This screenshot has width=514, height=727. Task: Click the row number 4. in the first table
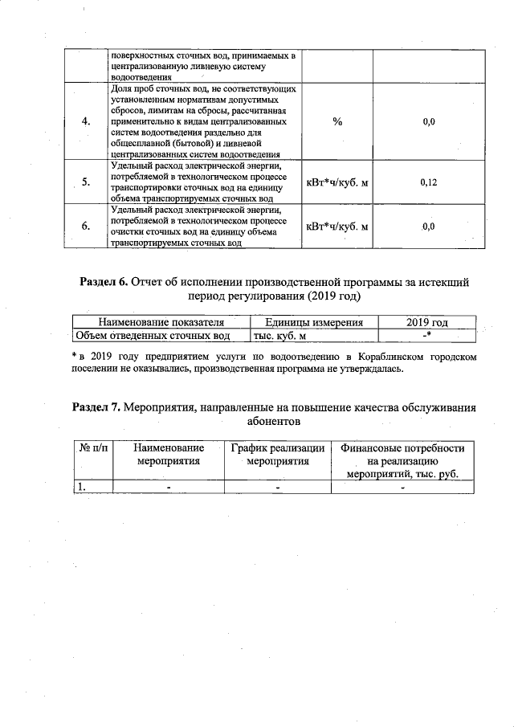coord(86,121)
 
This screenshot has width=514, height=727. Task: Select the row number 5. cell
coord(86,182)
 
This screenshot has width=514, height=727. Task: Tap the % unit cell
coord(337,121)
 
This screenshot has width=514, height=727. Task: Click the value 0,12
coord(428,182)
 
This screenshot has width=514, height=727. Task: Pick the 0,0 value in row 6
coord(428,227)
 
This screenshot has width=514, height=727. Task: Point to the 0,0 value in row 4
coord(428,121)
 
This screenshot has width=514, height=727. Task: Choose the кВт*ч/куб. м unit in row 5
coord(337,182)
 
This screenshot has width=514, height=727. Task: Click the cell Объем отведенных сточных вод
coord(153,335)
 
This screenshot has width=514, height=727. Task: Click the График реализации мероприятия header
coord(277,455)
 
